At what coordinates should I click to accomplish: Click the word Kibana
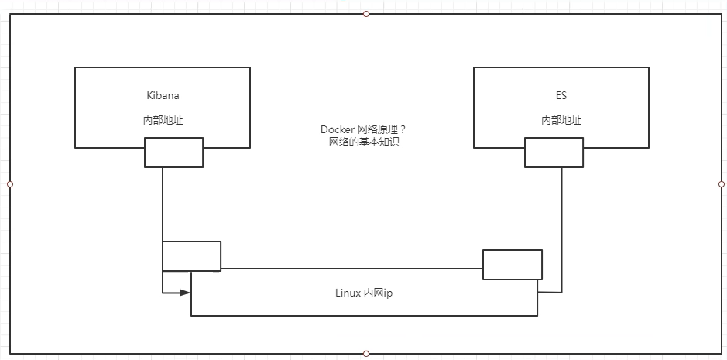163,96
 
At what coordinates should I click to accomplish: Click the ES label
561,96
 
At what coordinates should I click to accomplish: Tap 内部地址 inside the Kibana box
163,121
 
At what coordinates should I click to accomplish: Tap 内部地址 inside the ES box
561,121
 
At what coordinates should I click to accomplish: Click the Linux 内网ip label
364,293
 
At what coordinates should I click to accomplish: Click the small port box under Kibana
173,153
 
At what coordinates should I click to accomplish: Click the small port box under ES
554,153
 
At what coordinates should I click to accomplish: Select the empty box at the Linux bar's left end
191,255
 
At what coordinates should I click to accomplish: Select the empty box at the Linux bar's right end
513,264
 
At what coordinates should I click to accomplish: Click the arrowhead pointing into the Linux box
185,293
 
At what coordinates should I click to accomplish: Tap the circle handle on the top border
366,14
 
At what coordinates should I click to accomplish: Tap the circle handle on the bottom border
366,353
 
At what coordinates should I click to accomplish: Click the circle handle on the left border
10,184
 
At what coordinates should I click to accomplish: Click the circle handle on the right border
722,184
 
